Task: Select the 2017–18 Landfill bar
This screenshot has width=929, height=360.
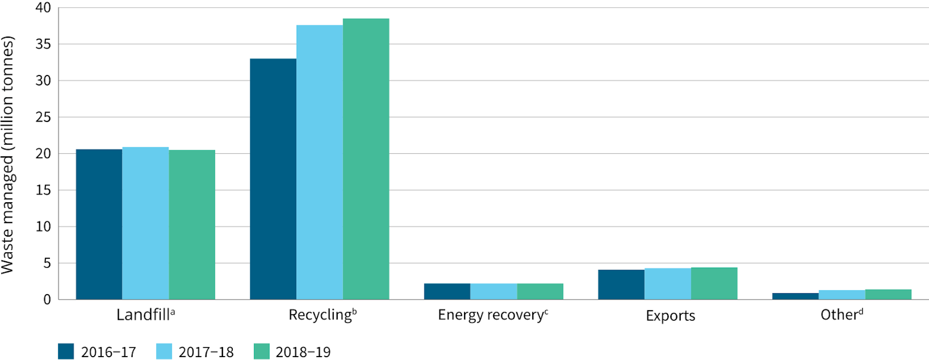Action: click(145, 223)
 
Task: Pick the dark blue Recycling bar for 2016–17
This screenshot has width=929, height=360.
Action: click(273, 179)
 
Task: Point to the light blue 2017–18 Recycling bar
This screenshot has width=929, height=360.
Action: click(319, 162)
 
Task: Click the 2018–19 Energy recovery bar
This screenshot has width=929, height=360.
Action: click(540, 291)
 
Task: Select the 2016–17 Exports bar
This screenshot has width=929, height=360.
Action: click(621, 285)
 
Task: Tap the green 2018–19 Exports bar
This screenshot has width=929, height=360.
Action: click(714, 284)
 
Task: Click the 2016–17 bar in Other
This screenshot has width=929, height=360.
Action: click(795, 296)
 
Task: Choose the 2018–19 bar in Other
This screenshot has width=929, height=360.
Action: click(888, 294)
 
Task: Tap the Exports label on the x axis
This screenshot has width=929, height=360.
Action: click(670, 316)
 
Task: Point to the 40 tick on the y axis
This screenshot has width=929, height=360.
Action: click(43, 8)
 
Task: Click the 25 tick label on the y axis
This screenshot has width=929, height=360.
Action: click(43, 117)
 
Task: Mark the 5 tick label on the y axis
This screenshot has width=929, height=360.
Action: click(47, 263)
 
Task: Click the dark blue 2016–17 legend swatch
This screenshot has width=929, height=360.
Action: click(66, 351)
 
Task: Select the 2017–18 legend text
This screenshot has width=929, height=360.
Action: click(206, 352)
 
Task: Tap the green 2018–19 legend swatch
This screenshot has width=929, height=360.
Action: click(262, 351)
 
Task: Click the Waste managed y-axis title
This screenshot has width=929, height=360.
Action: click(8, 155)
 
